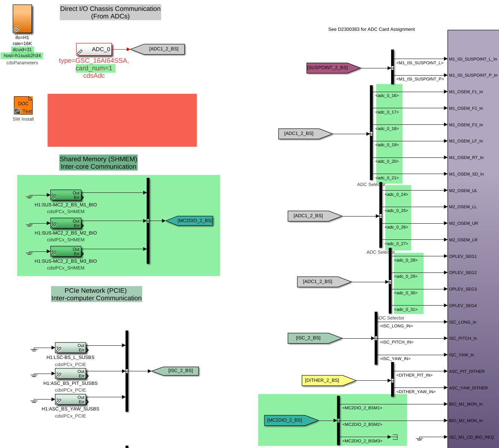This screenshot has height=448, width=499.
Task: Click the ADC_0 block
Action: click(94, 49)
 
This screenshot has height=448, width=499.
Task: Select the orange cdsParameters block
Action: click(22, 19)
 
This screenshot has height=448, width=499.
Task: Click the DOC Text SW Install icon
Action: click(23, 105)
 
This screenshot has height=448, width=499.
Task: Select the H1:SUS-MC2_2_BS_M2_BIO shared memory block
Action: click(66, 224)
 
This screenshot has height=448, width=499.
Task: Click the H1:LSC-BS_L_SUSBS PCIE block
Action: click(71, 348)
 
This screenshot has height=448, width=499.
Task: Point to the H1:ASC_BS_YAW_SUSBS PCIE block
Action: click(71, 400)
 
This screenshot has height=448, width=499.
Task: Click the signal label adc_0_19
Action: click(387, 145)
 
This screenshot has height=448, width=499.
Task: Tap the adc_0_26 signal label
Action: click(396, 227)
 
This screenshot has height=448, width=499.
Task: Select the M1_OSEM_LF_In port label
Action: click(466, 141)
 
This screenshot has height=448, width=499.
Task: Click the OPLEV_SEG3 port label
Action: click(463, 289)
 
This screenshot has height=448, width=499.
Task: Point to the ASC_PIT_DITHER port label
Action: click(467, 372)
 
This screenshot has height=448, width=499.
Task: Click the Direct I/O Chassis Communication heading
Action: click(110, 12)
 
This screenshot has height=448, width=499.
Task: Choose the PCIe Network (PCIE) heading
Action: click(96, 294)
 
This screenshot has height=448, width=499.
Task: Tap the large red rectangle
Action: click(122, 120)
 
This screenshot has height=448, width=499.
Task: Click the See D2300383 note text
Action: click(372, 29)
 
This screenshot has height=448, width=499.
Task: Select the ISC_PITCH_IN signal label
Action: click(396, 342)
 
